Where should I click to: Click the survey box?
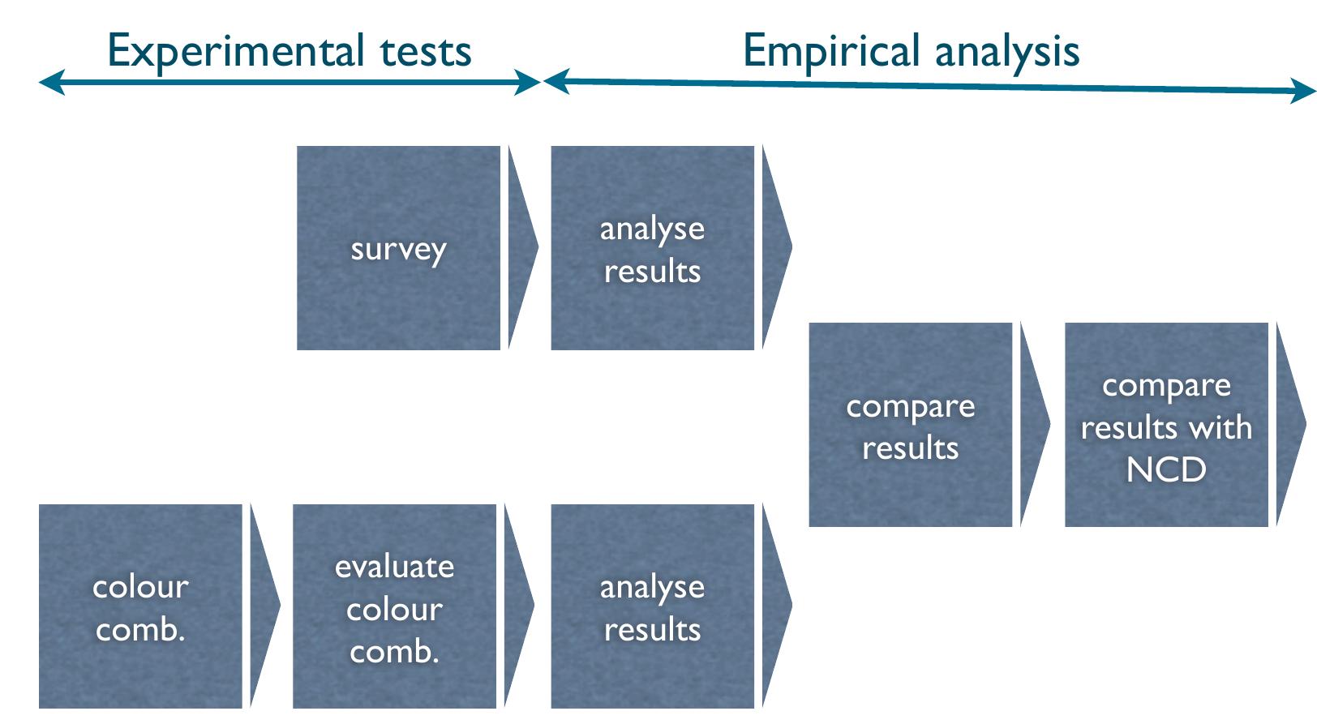[x=398, y=248]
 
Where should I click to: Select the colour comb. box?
[x=140, y=606]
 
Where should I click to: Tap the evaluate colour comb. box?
[x=394, y=606]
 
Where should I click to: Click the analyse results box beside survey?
[x=652, y=248]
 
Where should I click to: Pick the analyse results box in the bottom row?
[x=652, y=606]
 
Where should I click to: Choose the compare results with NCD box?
[x=1165, y=425]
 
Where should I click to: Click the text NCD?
[x=1165, y=469]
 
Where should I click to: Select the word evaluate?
[x=394, y=566]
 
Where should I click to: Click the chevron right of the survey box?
[x=521, y=248]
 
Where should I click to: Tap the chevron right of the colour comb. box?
[x=263, y=606]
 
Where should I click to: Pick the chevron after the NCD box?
[x=1289, y=425]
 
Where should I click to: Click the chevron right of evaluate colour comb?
[x=517, y=606]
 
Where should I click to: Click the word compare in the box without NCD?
[x=910, y=406]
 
